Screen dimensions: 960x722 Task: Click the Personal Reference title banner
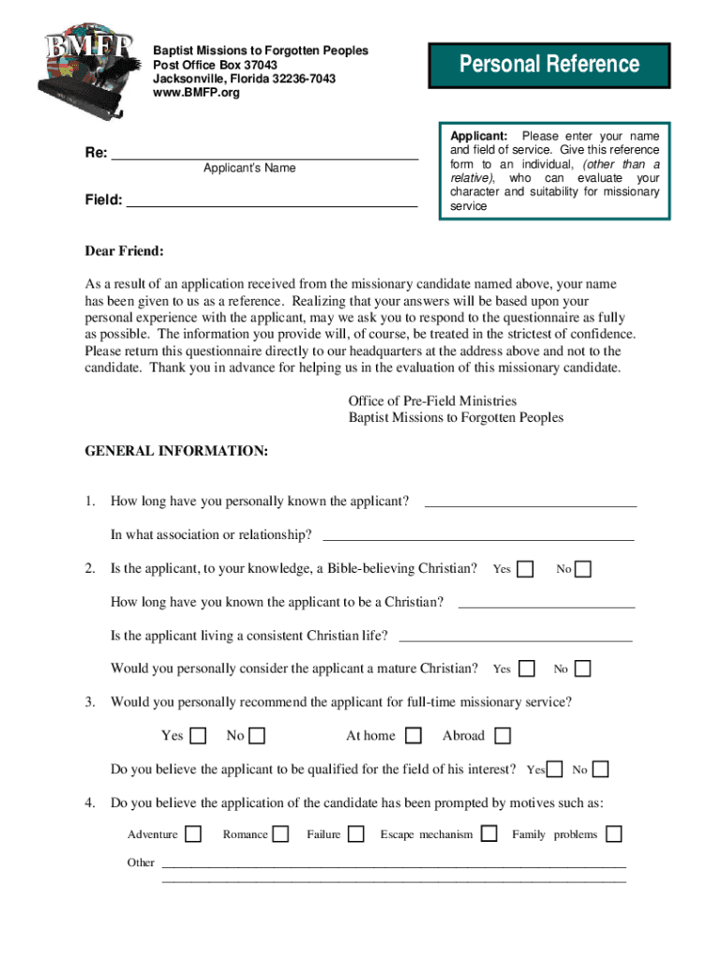point(549,65)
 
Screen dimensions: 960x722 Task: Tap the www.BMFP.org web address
point(196,93)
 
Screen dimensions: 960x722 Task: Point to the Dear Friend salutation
point(125,251)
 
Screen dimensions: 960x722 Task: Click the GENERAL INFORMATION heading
point(176,452)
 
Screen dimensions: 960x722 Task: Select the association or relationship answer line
point(478,538)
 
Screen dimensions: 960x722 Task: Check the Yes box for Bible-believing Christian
point(526,569)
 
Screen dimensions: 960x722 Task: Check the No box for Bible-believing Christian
point(583,569)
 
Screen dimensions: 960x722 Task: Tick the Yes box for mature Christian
point(527,668)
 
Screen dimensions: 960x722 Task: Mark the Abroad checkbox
point(503,736)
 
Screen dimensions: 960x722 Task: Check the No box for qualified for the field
point(600,770)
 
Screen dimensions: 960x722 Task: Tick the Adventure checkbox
point(193,834)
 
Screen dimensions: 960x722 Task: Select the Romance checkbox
point(279,834)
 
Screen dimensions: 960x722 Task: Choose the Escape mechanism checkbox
point(489,834)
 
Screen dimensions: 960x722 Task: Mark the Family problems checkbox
point(614,834)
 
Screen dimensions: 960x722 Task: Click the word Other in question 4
point(141,862)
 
